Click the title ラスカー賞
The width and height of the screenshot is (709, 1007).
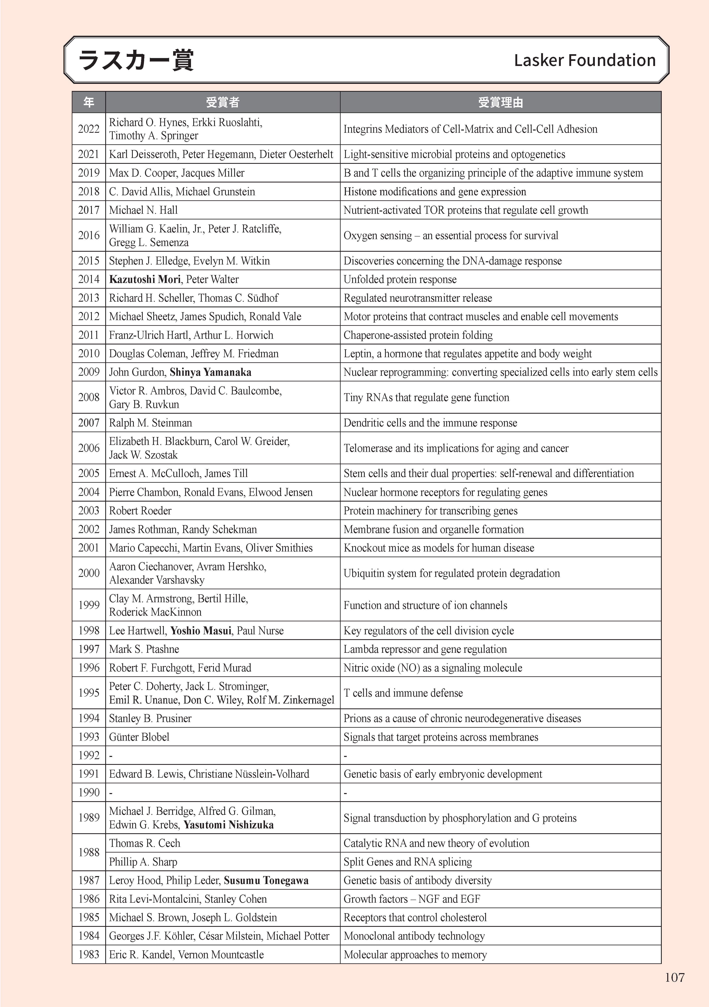click(136, 60)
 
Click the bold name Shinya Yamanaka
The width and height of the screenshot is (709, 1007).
click(210, 372)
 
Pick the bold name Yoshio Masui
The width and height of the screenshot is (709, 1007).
click(201, 631)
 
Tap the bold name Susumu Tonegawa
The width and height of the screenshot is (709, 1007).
click(266, 880)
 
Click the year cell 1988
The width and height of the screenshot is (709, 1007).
click(89, 852)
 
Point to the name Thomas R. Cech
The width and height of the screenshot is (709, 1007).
click(145, 843)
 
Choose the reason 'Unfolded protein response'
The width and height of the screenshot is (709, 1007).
click(400, 279)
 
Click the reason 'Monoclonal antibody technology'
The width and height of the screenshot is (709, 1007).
click(414, 936)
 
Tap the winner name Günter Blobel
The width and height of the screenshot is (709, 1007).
click(139, 737)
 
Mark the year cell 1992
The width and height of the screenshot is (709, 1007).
click(89, 755)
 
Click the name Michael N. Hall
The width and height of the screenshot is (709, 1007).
click(143, 210)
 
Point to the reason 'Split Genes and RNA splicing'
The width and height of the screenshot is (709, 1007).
click(408, 862)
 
